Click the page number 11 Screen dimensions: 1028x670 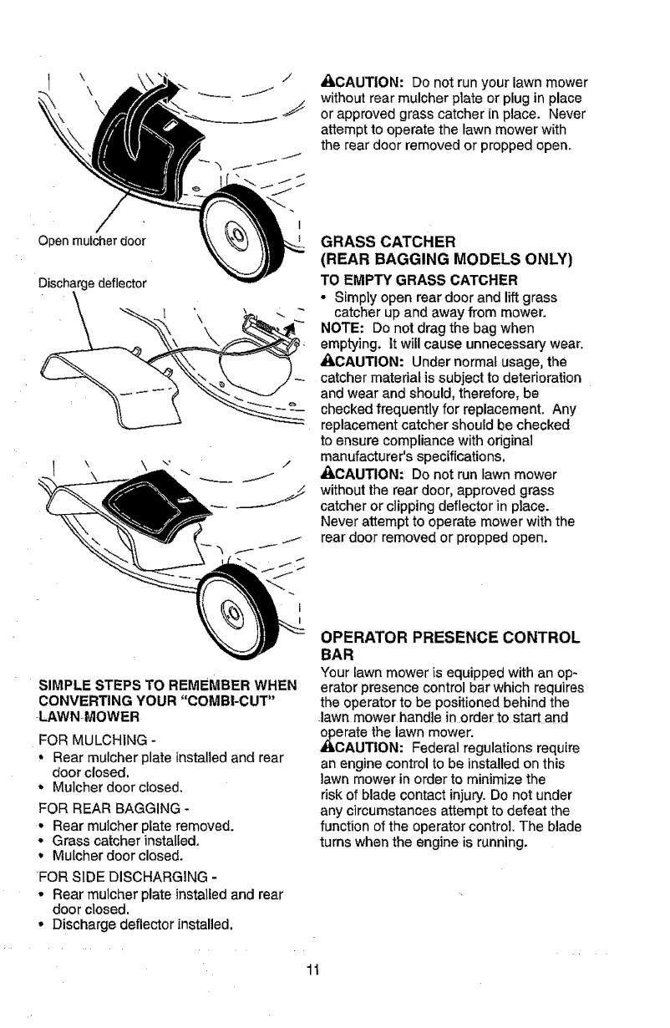pyautogui.click(x=313, y=969)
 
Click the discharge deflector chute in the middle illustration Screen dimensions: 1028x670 pyautogui.click(x=109, y=380)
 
